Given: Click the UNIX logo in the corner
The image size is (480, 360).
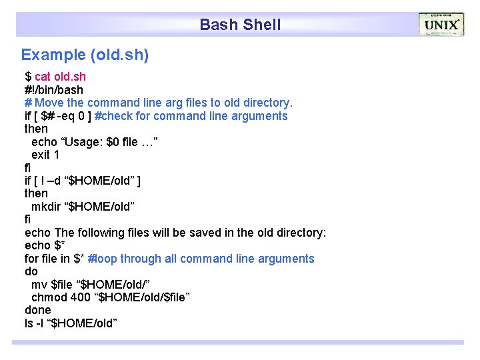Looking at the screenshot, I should pyautogui.click(x=441, y=25).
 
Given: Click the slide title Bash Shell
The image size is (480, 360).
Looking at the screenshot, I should pyautogui.click(x=240, y=25).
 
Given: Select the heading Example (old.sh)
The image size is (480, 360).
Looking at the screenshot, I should pyautogui.click(x=85, y=55).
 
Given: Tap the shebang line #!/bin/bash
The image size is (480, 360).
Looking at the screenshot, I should pyautogui.click(x=54, y=89).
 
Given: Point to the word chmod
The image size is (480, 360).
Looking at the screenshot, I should pyautogui.click(x=49, y=297).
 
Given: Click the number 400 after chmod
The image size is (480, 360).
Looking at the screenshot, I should pyautogui.click(x=82, y=297).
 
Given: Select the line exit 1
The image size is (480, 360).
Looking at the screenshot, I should pyautogui.click(x=45, y=155).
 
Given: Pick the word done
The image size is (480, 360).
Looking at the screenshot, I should pyautogui.click(x=38, y=310).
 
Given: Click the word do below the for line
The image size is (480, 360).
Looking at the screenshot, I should pyautogui.click(x=31, y=271).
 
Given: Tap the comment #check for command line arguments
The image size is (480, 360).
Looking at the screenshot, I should pyautogui.click(x=191, y=116).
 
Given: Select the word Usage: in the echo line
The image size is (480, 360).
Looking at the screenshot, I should pyautogui.click(x=83, y=141).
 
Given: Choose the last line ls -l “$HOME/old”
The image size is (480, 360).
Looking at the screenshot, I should pyautogui.click(x=71, y=323).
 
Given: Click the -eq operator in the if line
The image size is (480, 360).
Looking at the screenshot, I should pyautogui.click(x=68, y=116).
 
